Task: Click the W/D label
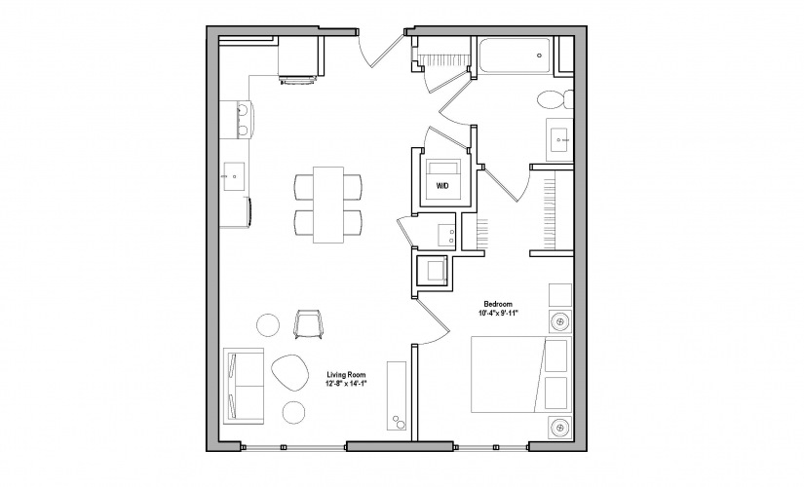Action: [441, 184]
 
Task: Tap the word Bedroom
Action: [497, 304]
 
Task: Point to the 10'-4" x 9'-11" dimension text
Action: [497, 314]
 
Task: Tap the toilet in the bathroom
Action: [554, 100]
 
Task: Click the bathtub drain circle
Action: [539, 57]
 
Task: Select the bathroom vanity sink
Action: [562, 139]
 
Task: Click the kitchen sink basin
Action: [235, 175]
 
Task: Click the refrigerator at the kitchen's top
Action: [298, 60]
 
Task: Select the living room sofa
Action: [243, 385]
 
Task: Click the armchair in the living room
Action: [307, 325]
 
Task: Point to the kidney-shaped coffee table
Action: [286, 371]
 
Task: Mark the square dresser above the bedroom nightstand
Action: [561, 295]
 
